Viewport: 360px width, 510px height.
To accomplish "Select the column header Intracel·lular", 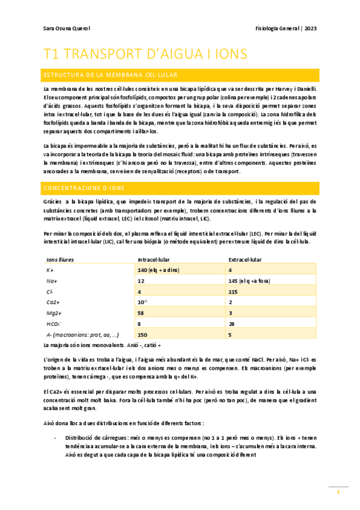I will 153,260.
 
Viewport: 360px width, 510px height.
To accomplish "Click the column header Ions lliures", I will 60,260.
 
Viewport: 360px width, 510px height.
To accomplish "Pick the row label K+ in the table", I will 50,270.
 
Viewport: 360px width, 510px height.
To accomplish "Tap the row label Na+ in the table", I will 51,281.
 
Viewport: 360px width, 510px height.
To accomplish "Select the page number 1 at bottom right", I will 338,492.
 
